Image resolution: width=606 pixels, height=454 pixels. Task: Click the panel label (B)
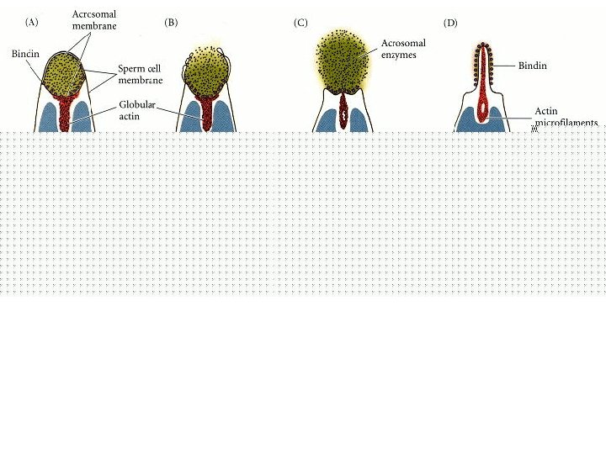point(171,23)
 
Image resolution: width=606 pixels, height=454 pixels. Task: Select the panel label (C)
point(300,23)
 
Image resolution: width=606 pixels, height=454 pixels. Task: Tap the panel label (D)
point(450,23)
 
